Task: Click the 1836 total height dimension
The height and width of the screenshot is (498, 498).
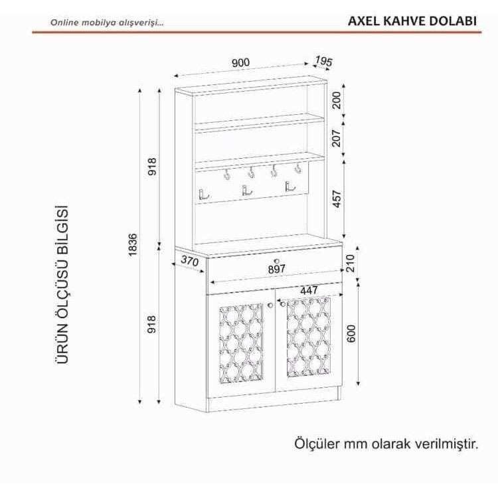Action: pyautogui.click(x=133, y=244)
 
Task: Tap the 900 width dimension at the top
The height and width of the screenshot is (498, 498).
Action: pyautogui.click(x=241, y=62)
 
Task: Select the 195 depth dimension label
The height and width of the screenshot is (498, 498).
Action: pyautogui.click(x=323, y=61)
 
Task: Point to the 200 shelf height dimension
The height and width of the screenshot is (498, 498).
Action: pyautogui.click(x=337, y=100)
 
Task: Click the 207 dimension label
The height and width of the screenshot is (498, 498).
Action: pyautogui.click(x=337, y=138)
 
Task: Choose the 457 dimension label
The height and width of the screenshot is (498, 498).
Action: pyautogui.click(x=337, y=199)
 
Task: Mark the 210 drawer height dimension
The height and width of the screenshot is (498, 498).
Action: pyautogui.click(x=350, y=263)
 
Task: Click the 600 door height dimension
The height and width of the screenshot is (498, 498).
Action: pyautogui.click(x=351, y=333)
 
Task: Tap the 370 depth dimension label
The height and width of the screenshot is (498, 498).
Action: pyautogui.click(x=190, y=261)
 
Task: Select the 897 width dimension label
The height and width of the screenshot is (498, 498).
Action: pyautogui.click(x=277, y=269)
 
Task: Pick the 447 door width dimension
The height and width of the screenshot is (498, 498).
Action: pyautogui.click(x=309, y=290)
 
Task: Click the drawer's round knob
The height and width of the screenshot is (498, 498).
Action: pyautogui.click(x=276, y=261)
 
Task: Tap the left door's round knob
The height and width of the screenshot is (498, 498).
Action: pyautogui.click(x=270, y=305)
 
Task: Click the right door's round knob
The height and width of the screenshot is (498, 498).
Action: pyautogui.click(x=282, y=304)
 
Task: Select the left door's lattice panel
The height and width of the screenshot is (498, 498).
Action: pyautogui.click(x=241, y=343)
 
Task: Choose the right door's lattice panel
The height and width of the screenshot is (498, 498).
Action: pyautogui.click(x=308, y=337)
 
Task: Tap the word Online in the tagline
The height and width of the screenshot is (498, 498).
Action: pyautogui.click(x=64, y=23)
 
